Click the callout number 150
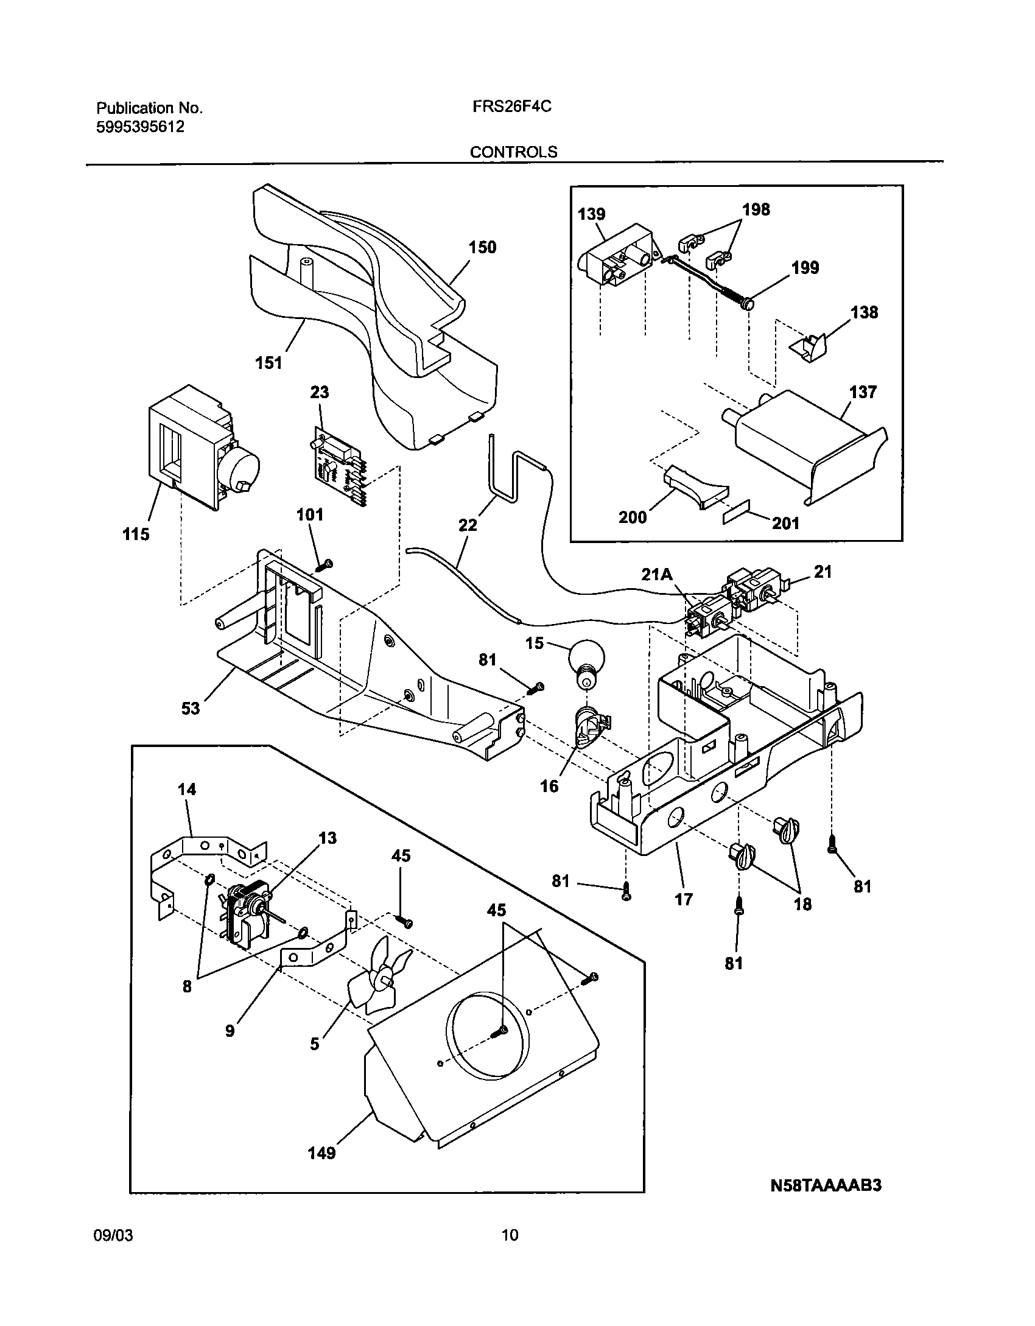point(482,247)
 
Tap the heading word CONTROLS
point(513,152)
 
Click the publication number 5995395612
point(141,127)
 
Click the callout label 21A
point(657,574)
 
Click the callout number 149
point(321,1153)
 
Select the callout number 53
point(190,708)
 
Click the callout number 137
point(863,391)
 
